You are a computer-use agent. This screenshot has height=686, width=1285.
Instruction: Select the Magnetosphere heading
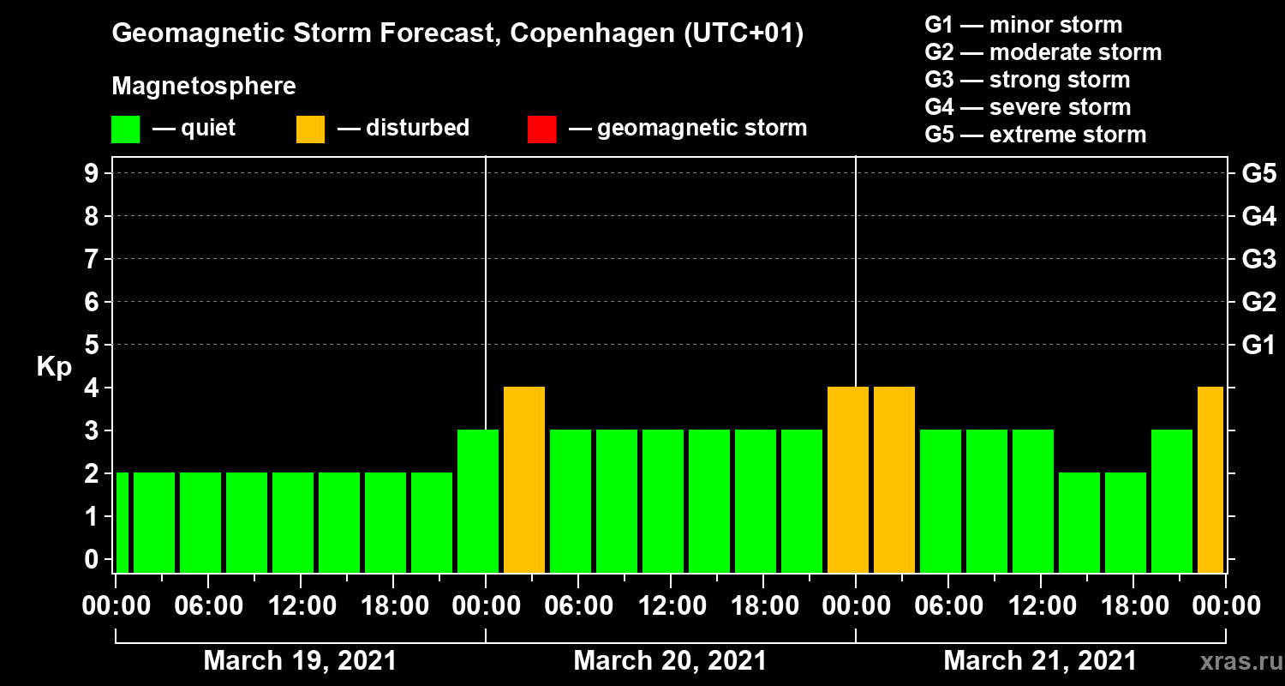(x=204, y=87)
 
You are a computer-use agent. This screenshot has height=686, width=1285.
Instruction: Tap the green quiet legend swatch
(x=125, y=129)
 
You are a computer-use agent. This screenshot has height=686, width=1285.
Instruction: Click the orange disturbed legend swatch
(x=310, y=129)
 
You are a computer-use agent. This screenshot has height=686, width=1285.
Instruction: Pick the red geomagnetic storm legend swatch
(x=541, y=129)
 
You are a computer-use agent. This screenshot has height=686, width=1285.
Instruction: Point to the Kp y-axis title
(x=54, y=366)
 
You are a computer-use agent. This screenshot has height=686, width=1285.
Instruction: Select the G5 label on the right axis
(x=1258, y=173)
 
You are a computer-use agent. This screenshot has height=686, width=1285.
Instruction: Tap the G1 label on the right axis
(x=1258, y=345)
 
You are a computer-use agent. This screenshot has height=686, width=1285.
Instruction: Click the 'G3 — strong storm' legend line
(x=1027, y=80)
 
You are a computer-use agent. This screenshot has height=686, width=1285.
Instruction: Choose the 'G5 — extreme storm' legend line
(x=1035, y=135)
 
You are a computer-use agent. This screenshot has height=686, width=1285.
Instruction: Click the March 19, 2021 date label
(x=300, y=661)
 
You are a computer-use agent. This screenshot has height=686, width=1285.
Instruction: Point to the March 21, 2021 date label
(x=1040, y=661)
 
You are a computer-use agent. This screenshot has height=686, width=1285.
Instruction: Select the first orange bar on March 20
(x=524, y=479)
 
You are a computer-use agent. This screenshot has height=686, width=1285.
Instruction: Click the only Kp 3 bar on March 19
(x=478, y=501)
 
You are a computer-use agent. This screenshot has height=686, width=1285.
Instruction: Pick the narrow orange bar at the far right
(x=1210, y=479)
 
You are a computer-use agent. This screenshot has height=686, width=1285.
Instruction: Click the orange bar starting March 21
(x=894, y=479)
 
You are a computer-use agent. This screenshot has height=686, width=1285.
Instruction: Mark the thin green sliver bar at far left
(x=122, y=522)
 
